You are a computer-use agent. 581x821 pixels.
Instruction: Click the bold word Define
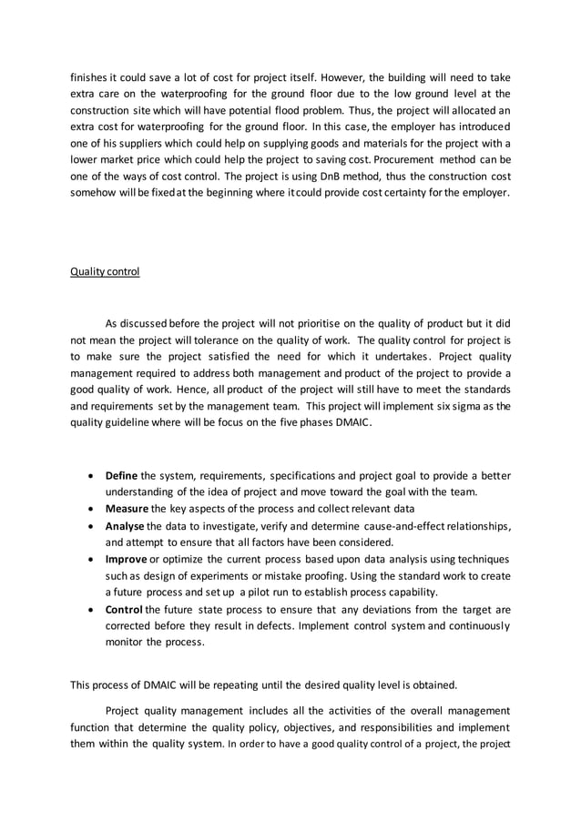coord(123,475)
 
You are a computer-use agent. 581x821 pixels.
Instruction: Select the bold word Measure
coord(127,508)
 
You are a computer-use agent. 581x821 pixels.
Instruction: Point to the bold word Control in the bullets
coord(125,608)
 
